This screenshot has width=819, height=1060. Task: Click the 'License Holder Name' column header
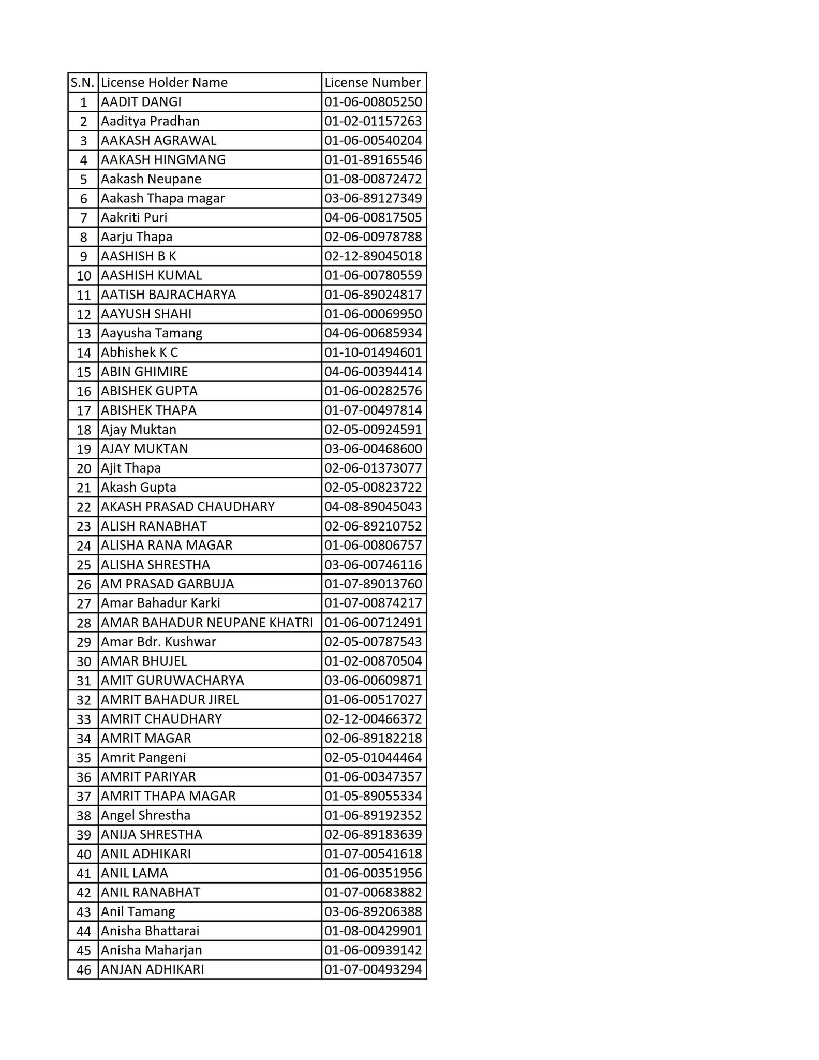[x=164, y=83]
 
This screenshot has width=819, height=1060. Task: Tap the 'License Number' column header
[x=373, y=83]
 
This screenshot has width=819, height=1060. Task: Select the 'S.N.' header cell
[x=83, y=83]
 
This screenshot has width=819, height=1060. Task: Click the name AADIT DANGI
[x=141, y=102]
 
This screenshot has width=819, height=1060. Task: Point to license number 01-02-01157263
[x=373, y=121]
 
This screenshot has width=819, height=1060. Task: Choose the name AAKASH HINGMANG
[x=163, y=159]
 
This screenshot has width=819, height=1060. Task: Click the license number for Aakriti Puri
[x=373, y=217]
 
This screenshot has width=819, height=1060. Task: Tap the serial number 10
[x=83, y=276]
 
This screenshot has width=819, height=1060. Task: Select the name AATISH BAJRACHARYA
[x=168, y=295]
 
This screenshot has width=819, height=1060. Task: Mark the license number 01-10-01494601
[x=373, y=352]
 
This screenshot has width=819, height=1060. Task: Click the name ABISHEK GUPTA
[x=149, y=391]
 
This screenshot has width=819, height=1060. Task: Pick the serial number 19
[x=83, y=449]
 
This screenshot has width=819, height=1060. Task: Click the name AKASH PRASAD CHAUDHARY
[x=187, y=506]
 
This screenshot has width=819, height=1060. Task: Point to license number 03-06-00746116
[x=373, y=564]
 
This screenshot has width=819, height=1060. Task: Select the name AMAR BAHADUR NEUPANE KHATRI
[x=206, y=622]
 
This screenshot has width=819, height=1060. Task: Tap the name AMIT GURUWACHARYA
[x=172, y=680]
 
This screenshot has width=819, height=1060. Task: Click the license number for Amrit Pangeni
[x=373, y=757]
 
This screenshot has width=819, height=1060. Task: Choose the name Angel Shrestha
[x=145, y=815]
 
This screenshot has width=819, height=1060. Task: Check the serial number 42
[x=83, y=893]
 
